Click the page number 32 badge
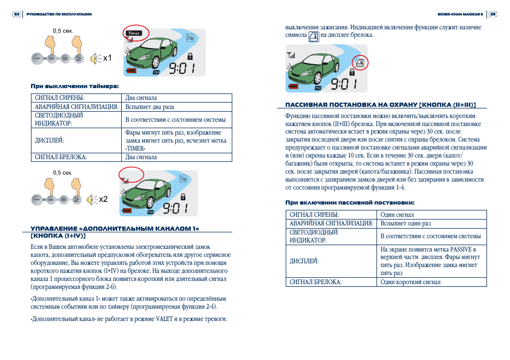coord(17,14)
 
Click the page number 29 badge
coord(493,14)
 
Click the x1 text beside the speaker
coord(107,58)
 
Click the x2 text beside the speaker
coord(103,199)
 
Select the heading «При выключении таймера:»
coord(74,85)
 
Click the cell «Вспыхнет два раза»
coord(150,107)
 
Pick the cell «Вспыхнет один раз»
coord(405,223)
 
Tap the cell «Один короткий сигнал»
coord(410,282)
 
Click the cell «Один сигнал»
coord(397,214)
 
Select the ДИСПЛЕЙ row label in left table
coord(49,140)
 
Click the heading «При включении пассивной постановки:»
coord(350,202)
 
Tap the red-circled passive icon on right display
coord(360,61)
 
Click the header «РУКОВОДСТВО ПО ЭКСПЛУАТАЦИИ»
coord(59,14)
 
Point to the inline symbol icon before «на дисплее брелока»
coord(314,36)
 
